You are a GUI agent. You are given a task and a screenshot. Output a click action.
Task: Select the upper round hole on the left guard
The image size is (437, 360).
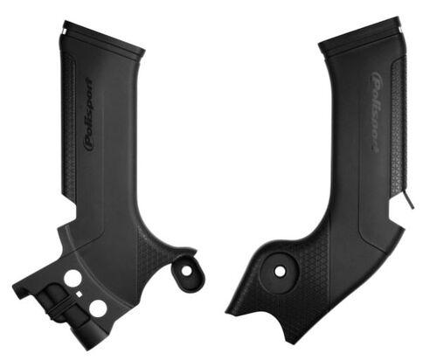(x=73, y=279)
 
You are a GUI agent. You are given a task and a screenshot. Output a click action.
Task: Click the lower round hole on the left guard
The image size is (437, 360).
(x=97, y=308)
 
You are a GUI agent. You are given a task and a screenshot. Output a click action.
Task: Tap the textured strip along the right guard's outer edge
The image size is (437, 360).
(x=398, y=131)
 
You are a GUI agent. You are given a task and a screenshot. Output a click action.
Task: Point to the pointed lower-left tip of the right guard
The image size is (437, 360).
(x=228, y=311)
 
